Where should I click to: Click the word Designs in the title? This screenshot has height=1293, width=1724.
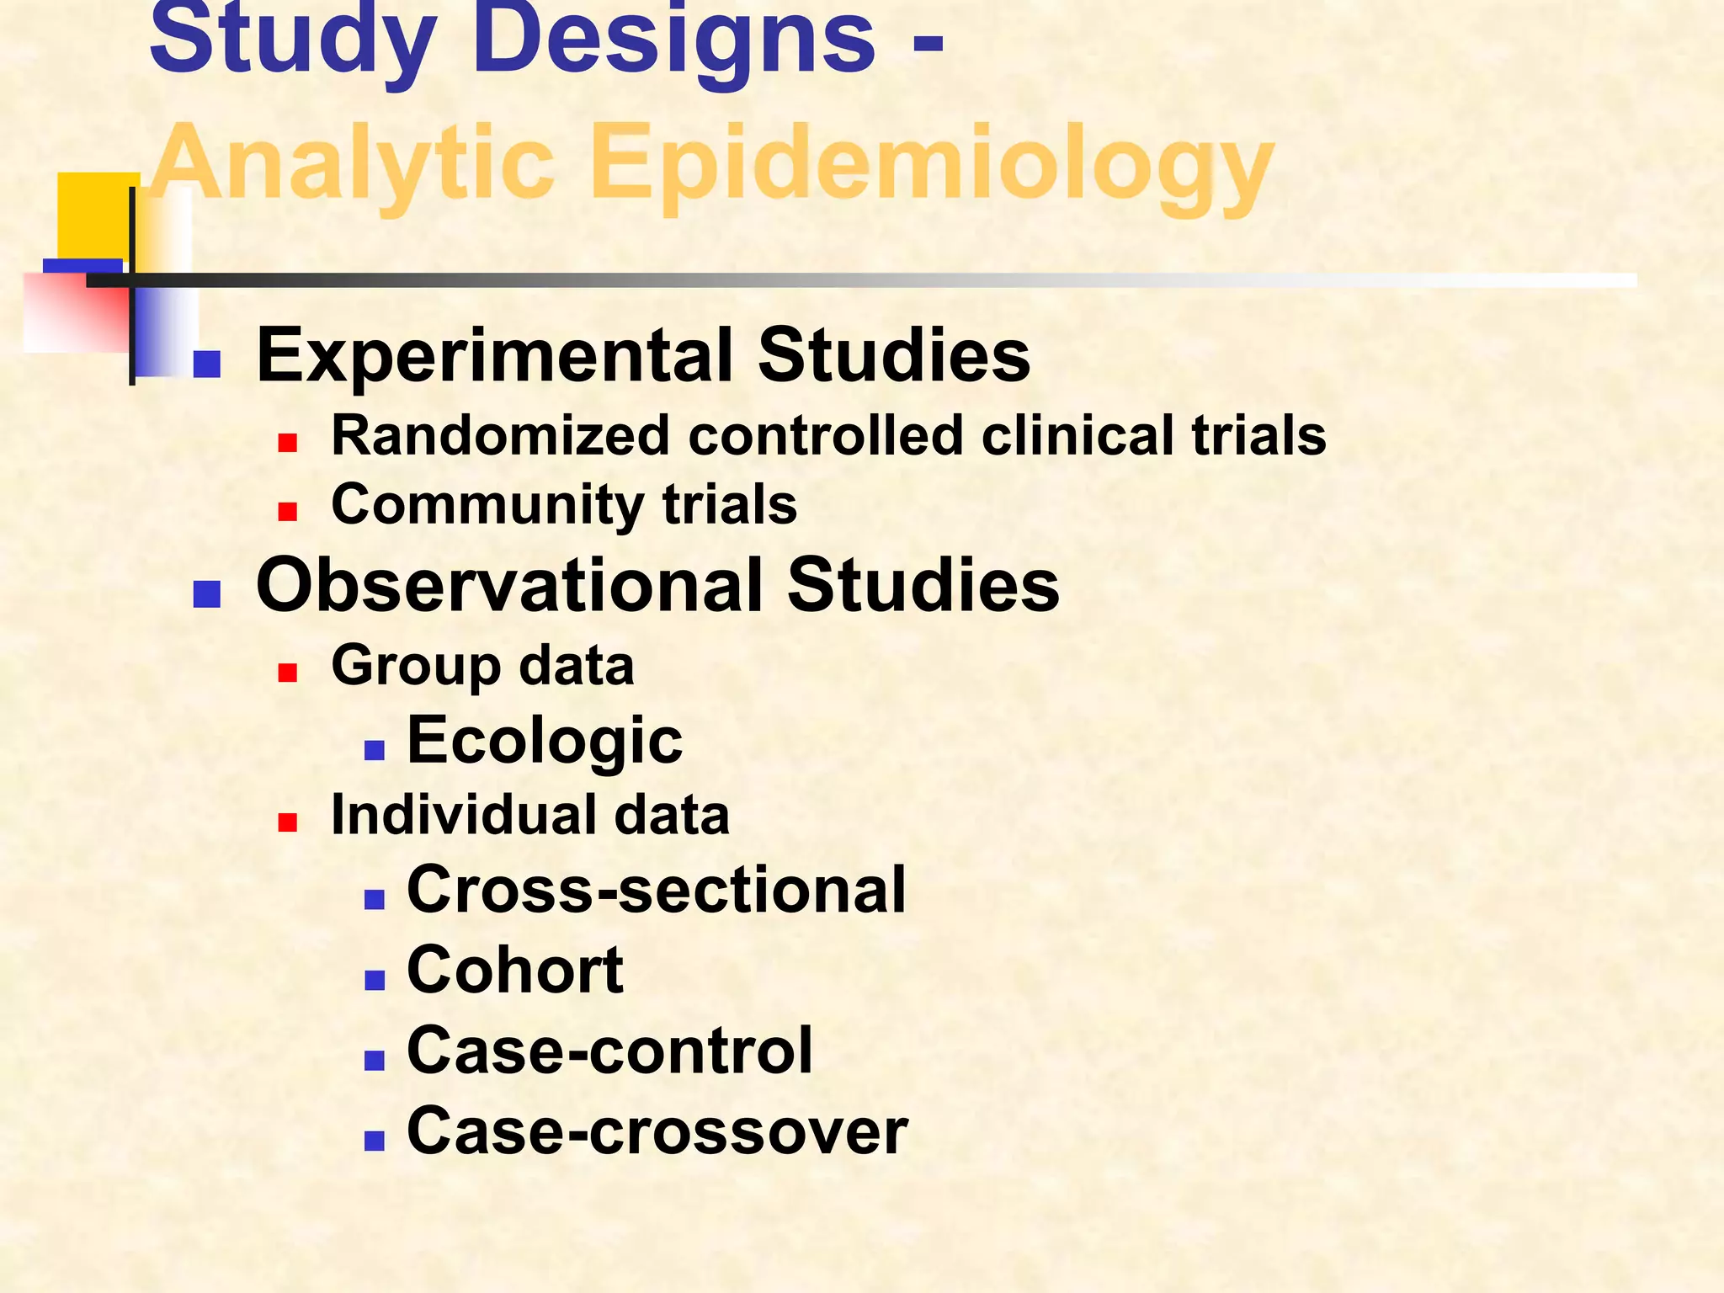[673, 42]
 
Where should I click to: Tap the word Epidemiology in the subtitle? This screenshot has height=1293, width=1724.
[931, 164]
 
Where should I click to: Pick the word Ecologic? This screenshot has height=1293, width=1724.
[544, 741]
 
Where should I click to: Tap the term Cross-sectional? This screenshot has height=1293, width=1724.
[656, 891]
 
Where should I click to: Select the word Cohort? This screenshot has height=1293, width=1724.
[514, 971]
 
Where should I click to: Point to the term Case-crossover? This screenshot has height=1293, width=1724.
[657, 1131]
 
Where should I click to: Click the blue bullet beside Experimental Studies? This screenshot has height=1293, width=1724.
[206, 364]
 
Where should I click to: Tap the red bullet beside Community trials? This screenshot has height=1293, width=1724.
[288, 512]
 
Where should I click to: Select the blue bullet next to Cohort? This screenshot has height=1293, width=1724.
[375, 979]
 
